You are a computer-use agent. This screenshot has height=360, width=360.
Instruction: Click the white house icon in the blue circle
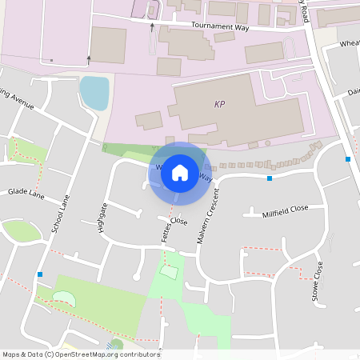point(180,172)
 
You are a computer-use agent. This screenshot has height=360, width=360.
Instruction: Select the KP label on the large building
point(221,104)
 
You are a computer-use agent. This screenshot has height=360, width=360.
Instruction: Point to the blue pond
point(94,93)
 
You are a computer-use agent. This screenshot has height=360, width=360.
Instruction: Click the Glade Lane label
point(25,193)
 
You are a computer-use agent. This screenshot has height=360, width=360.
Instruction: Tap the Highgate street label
point(102,217)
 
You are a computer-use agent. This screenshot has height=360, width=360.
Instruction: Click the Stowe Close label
point(318,281)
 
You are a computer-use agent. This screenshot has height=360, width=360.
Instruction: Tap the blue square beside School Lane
point(40,274)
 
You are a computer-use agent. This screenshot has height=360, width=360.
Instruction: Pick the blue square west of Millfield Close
point(270,178)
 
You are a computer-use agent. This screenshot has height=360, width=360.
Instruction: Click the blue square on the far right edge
point(348,159)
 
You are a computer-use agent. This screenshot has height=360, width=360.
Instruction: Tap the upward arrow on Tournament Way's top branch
point(152,26)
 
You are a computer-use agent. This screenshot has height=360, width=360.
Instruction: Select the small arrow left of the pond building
point(89,58)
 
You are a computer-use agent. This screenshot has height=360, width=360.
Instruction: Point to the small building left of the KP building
point(149,121)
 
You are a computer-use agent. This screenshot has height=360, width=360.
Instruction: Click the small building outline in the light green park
point(169,272)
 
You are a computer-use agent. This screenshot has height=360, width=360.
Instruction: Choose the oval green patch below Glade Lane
point(22,231)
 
